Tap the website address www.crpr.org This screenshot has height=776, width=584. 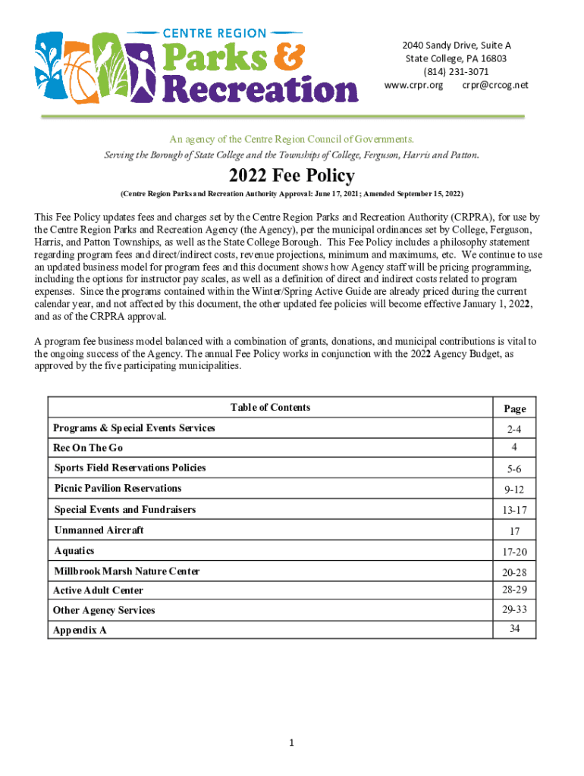pyautogui.click(x=413, y=85)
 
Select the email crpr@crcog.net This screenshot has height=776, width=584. pyautogui.click(x=495, y=85)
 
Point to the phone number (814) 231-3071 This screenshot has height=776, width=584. pyautogui.click(x=456, y=71)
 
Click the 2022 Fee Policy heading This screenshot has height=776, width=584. pyautogui.click(x=291, y=177)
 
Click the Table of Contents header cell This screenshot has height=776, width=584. pyautogui.click(x=270, y=408)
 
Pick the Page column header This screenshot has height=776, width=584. pyautogui.click(x=514, y=408)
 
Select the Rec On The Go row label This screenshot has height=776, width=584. pyautogui.click(x=88, y=448)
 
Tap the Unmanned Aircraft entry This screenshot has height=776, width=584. pyautogui.click(x=99, y=530)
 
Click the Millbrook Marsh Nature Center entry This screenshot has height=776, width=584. pyautogui.click(x=127, y=571)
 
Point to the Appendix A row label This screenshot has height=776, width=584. pyautogui.click(x=80, y=630)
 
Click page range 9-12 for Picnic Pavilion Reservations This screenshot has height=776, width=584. pyautogui.click(x=514, y=490)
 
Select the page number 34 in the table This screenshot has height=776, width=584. pyautogui.click(x=514, y=627)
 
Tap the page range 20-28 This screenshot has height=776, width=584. pyautogui.click(x=514, y=572)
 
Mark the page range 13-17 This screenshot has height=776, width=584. pyautogui.click(x=514, y=510)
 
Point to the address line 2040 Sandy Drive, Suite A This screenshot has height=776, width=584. pyautogui.click(x=456, y=45)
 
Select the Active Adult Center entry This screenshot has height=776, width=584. pyautogui.click(x=98, y=590)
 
